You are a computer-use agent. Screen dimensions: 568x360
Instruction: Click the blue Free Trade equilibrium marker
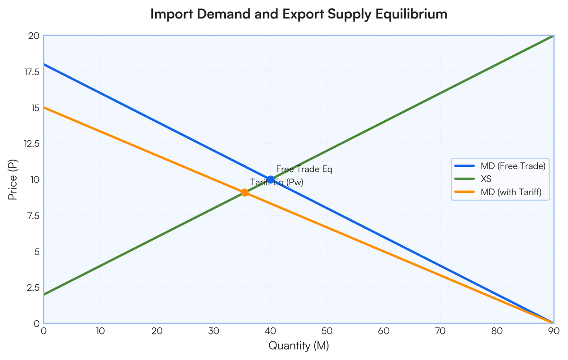271,180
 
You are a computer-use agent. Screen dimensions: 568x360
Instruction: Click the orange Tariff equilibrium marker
244,193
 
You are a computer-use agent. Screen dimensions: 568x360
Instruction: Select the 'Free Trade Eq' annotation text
304,169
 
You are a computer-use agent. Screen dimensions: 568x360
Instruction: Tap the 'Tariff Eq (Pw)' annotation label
277,182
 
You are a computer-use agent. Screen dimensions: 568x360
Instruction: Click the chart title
299,14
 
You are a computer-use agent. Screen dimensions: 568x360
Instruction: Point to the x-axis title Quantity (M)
299,345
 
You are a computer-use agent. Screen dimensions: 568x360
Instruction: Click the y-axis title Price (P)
13,180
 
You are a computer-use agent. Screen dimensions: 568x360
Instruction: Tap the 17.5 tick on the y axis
32,72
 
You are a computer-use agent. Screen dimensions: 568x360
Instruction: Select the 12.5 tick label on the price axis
32,144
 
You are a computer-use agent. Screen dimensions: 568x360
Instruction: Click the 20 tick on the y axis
34,36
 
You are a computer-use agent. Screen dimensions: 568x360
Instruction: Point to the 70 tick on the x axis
441,331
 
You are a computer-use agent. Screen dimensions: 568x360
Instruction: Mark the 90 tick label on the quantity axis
554,331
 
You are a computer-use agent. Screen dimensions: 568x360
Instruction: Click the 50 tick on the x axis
327,331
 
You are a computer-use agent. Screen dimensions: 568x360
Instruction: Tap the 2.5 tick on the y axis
34,288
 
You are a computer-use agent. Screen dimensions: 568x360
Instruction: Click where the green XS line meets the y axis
44,295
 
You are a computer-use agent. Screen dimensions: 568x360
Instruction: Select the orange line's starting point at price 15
44,108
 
